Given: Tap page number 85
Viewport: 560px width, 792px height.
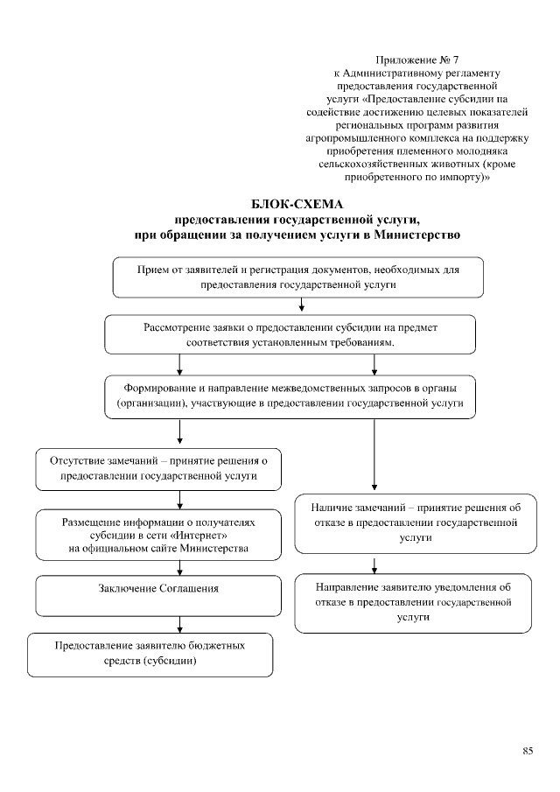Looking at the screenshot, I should click(528, 751).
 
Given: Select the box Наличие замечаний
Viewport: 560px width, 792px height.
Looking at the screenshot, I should click(415, 523).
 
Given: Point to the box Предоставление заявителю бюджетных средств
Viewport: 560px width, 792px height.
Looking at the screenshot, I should click(149, 654).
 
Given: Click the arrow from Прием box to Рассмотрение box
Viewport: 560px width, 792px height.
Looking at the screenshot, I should click(301, 305).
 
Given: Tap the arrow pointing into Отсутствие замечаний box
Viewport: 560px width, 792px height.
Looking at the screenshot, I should click(179, 432).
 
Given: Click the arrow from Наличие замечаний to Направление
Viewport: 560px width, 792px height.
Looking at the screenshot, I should click(374, 564).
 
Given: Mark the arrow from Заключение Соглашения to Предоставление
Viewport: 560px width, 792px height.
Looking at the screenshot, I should click(179, 624).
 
